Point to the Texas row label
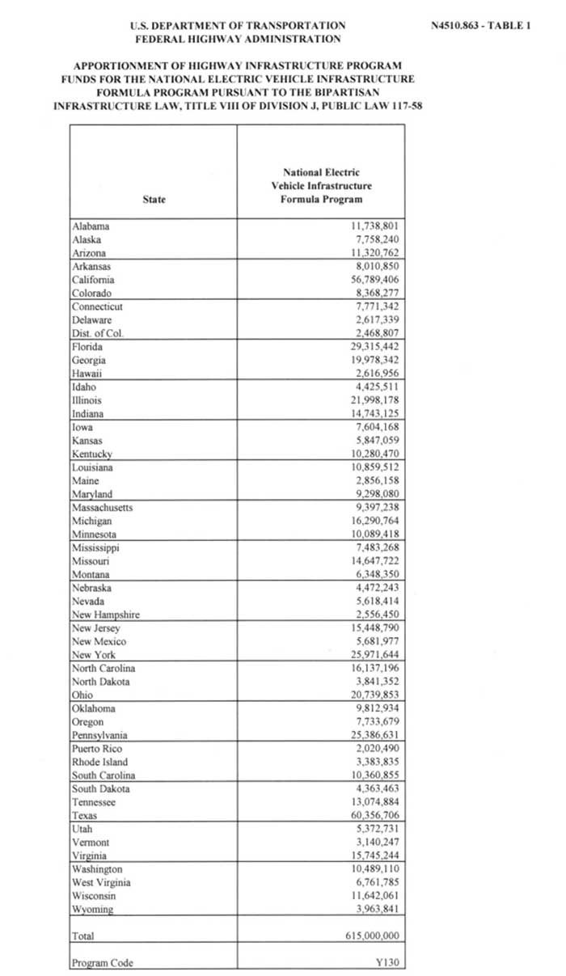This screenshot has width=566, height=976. (84, 815)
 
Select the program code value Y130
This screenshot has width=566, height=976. (388, 962)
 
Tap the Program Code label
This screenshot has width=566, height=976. (102, 963)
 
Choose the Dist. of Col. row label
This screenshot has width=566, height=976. (97, 333)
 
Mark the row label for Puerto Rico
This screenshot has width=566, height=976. (97, 749)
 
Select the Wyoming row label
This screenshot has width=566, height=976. (92, 909)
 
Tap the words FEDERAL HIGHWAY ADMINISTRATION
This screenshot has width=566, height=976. (238, 38)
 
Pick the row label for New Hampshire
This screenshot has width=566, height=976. (106, 615)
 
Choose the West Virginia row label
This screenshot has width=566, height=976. (101, 882)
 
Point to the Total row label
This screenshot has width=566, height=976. (83, 936)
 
